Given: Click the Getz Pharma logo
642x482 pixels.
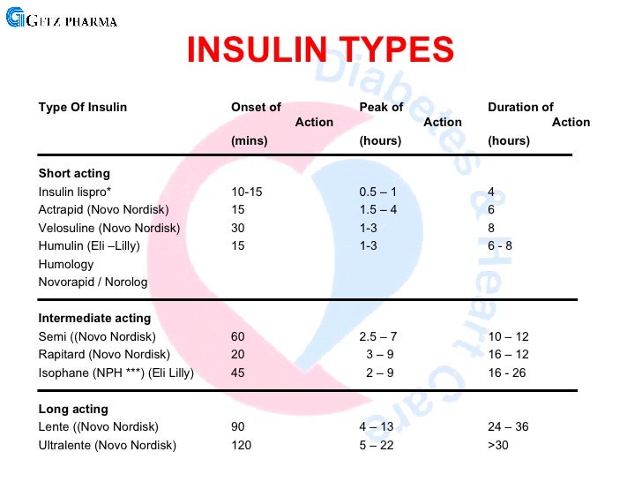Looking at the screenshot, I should tap(62, 19).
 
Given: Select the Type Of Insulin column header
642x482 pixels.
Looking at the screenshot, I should tap(83, 108).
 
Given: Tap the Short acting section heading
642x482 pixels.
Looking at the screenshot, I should tap(74, 174).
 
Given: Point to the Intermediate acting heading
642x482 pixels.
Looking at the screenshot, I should tap(94, 319).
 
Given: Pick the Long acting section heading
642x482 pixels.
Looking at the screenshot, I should tap(73, 410).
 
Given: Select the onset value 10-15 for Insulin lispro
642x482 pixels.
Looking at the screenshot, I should tap(247, 192).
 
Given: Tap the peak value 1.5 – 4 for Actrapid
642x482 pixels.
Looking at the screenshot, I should tap(378, 210).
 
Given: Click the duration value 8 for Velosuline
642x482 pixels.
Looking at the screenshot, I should tap(491, 228).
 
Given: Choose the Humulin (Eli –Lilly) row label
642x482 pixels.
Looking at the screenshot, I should tap(89, 246).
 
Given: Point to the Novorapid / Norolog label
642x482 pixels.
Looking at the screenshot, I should tap(93, 282).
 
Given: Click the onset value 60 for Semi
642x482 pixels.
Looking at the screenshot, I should tap(238, 337).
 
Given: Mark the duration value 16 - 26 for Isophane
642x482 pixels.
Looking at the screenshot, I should tap(506, 373).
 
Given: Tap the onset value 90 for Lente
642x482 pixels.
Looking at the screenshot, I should tap(238, 427).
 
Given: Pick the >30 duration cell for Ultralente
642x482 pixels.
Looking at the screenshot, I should tap(498, 446).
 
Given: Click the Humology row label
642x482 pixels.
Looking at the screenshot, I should tap(66, 265).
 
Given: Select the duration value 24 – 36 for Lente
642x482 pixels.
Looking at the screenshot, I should tap(508, 427).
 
